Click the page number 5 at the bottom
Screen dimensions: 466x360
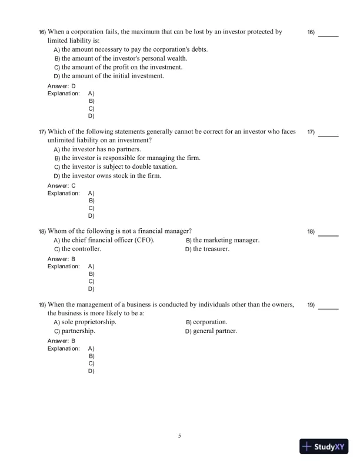click(x=180, y=436)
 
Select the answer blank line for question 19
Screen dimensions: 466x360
click(x=328, y=308)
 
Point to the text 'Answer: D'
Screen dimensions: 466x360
click(x=61, y=86)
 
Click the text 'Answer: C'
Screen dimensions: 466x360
click(x=61, y=186)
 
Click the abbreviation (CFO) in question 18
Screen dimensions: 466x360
click(x=144, y=240)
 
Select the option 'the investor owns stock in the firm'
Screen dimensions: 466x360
click(x=111, y=176)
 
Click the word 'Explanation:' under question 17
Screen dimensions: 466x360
click(x=64, y=194)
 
